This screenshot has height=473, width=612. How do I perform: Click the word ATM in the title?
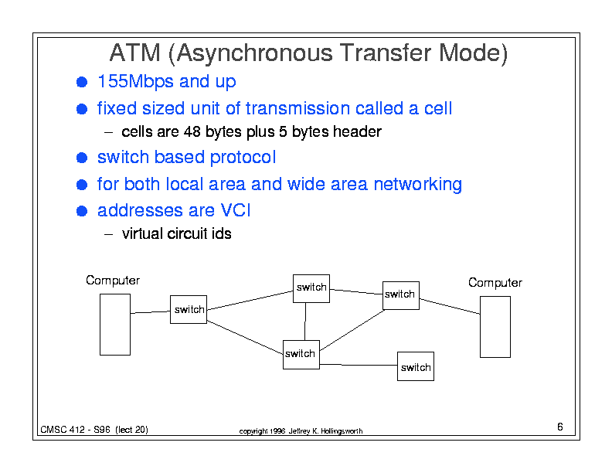[x=135, y=53]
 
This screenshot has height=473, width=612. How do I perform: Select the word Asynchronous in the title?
[x=254, y=53]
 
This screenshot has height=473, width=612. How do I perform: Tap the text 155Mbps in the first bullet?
[x=135, y=82]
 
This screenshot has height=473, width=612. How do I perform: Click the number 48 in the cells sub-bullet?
[x=192, y=131]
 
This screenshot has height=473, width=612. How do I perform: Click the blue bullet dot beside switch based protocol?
[x=82, y=158]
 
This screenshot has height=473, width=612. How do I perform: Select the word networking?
[x=417, y=184]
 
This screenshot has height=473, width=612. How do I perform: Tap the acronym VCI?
[x=236, y=210]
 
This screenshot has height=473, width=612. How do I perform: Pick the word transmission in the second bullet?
[x=297, y=108]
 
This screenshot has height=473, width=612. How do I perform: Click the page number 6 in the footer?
[x=560, y=427]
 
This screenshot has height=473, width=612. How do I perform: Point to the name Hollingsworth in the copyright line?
[x=342, y=431]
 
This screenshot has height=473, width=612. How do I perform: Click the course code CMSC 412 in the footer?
[x=63, y=430]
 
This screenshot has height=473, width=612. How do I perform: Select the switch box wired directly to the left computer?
[x=189, y=309]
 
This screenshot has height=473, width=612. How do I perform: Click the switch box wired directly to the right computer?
[x=401, y=295]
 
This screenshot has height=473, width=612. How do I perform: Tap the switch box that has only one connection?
[x=416, y=366]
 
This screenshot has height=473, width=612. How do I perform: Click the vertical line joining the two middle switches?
[x=305, y=322]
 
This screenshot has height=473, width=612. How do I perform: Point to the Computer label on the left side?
[x=113, y=281]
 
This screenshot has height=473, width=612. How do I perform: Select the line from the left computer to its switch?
[x=150, y=312]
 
